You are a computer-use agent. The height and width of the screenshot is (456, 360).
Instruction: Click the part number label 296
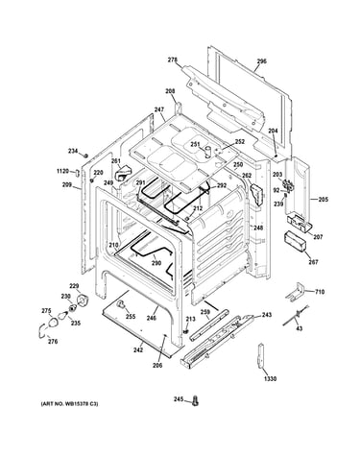point(262,61)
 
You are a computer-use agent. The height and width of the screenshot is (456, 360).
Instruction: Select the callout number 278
point(173,60)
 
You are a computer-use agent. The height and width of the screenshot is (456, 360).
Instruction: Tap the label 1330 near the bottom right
point(270,379)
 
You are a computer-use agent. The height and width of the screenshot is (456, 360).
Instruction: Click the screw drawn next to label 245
point(195,400)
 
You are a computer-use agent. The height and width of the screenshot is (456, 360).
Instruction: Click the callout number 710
point(320,292)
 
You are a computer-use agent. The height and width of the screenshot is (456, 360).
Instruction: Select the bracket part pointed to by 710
point(295,293)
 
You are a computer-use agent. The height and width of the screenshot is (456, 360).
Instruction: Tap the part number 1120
point(62,171)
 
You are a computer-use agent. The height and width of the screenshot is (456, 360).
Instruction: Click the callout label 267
point(313,262)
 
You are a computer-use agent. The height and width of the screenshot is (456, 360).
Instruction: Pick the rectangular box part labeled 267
point(294,243)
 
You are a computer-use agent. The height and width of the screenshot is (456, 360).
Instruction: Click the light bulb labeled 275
point(53,323)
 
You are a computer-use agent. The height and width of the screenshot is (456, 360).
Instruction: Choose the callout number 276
point(53,342)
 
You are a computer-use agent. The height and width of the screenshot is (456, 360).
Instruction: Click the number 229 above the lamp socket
point(74,286)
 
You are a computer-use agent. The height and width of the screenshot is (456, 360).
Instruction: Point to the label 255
point(131,317)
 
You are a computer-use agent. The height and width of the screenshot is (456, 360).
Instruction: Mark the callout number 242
point(138,349)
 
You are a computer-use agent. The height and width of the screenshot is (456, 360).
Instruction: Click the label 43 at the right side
point(299,328)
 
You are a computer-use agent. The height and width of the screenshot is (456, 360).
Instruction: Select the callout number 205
point(324,200)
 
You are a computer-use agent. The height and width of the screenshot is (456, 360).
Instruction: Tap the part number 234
point(73,151)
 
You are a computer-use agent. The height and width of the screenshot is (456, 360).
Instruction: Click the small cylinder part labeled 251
point(208,152)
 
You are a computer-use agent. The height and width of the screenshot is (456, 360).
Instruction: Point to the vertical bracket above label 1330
point(261,355)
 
